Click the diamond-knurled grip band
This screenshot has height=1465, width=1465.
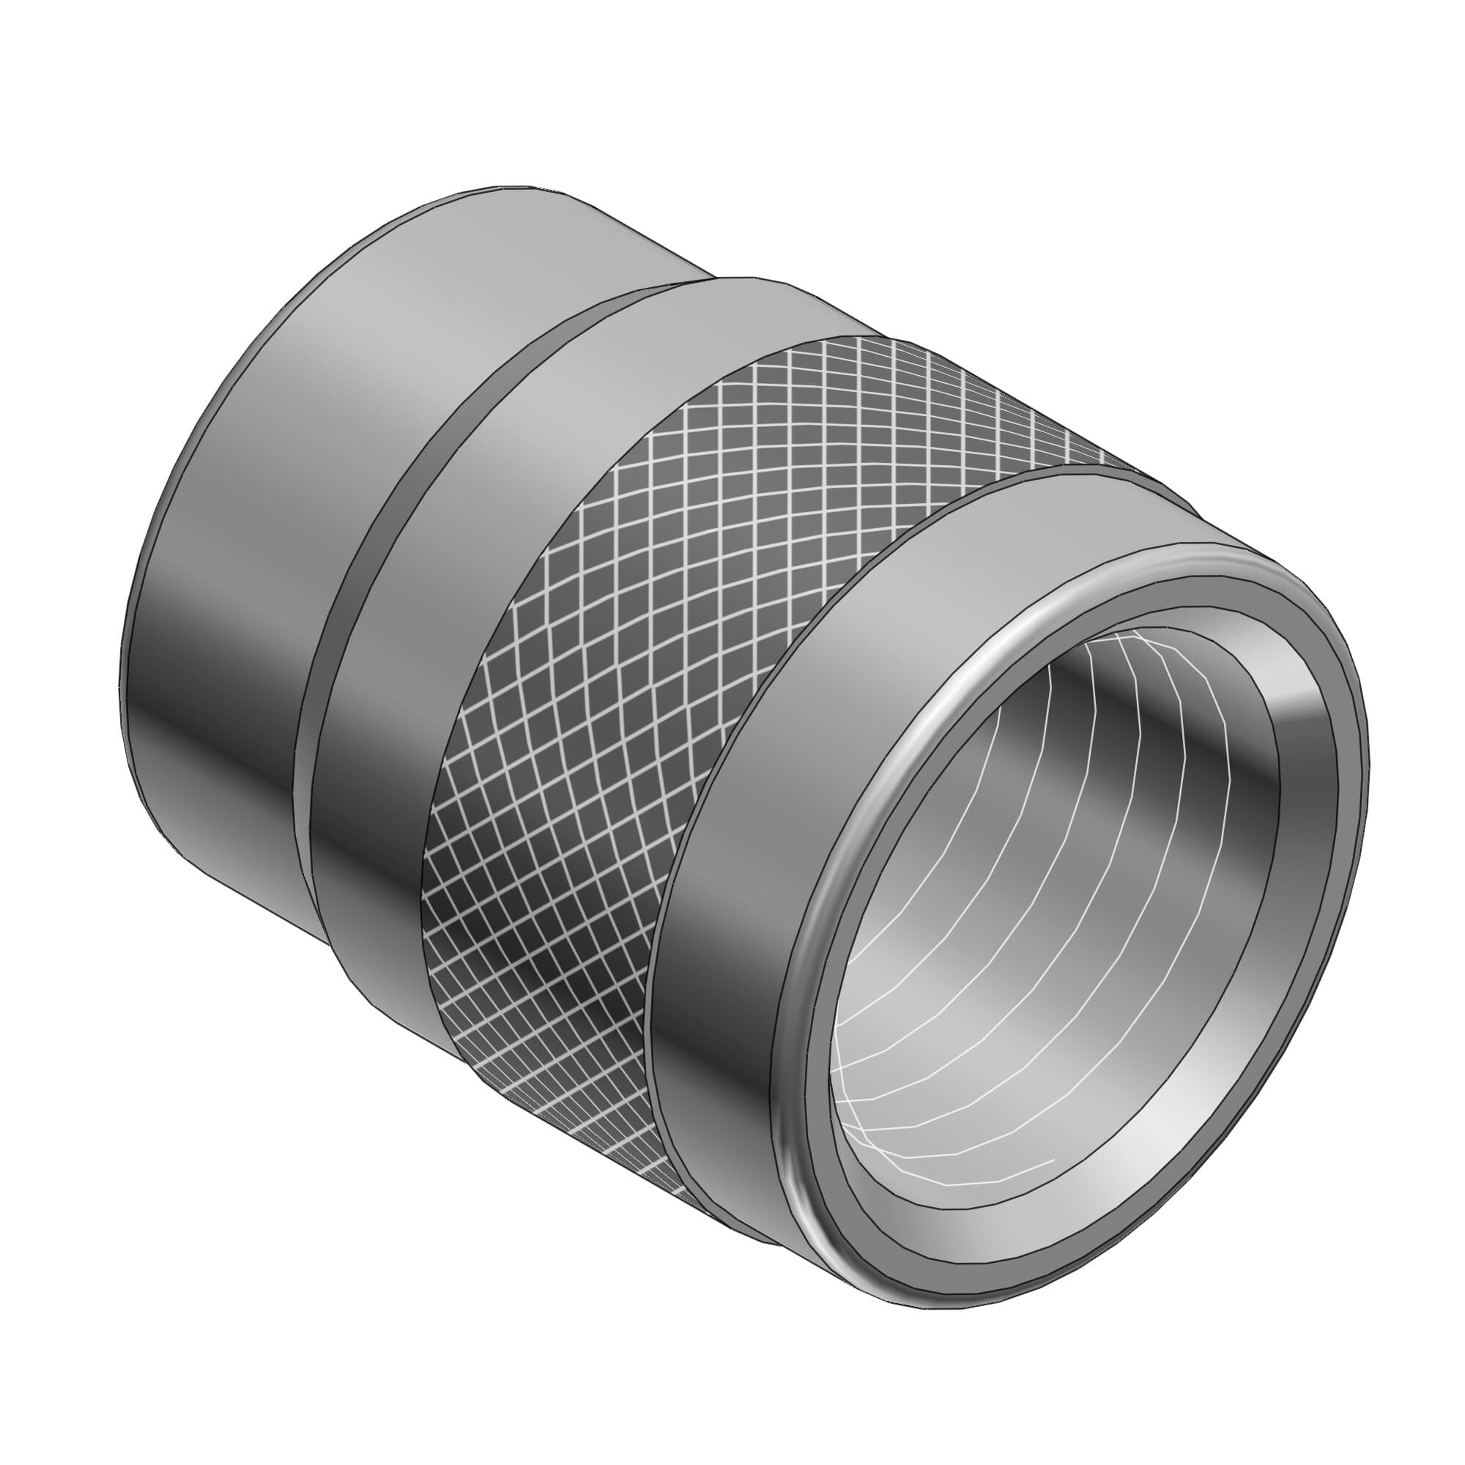[x=683, y=607]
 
